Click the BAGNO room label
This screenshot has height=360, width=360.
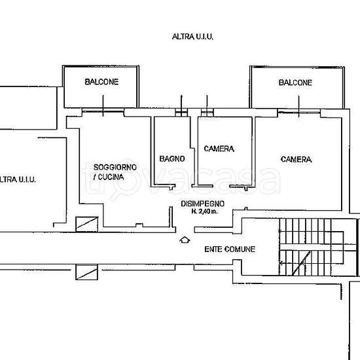coord(172,159)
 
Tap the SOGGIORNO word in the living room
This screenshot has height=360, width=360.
coord(115,167)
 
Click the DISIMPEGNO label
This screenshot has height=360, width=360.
coord(202,204)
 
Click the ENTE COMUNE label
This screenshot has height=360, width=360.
coord(230,249)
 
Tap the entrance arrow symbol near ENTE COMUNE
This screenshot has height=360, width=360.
coord(185,240)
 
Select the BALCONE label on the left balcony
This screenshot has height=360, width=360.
coord(101,82)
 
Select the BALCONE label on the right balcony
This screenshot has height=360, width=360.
coord(295,82)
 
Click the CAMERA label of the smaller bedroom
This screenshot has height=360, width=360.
coord(219,149)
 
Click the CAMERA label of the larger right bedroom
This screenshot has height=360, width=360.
coord(296,159)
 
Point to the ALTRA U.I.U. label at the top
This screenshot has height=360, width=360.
coord(192,37)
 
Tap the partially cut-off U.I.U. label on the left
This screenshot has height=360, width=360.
coord(18,179)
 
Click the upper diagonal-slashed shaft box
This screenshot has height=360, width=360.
coord(87,224)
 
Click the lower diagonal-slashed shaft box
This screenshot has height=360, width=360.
coord(87,272)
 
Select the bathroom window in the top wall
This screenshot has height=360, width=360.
coord(181,113)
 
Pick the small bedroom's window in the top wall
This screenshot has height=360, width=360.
coord(207,113)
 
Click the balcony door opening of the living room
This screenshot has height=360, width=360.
coord(103,112)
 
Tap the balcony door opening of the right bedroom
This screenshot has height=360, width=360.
coord(298,113)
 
